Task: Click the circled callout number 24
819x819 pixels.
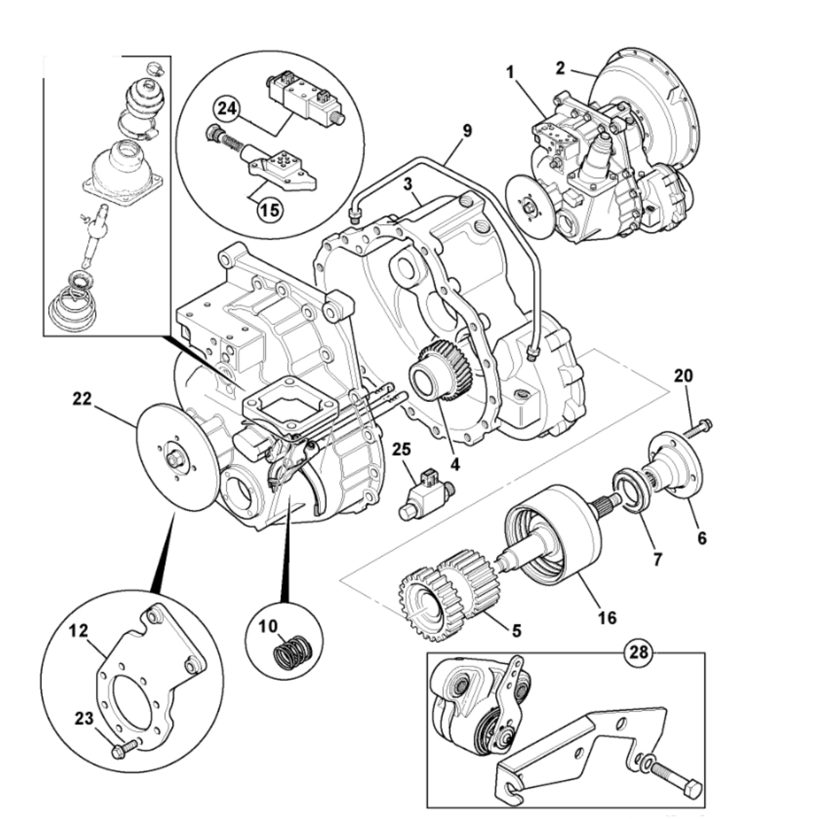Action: tap(226, 109)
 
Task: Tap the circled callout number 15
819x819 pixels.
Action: tap(270, 209)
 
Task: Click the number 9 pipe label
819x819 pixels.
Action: tap(467, 130)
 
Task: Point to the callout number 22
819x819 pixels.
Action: tap(82, 399)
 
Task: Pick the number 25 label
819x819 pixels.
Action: tap(401, 449)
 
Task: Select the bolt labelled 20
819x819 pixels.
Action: tap(697, 428)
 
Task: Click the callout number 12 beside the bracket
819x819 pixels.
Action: tap(79, 630)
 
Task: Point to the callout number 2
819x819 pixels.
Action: tap(560, 68)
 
